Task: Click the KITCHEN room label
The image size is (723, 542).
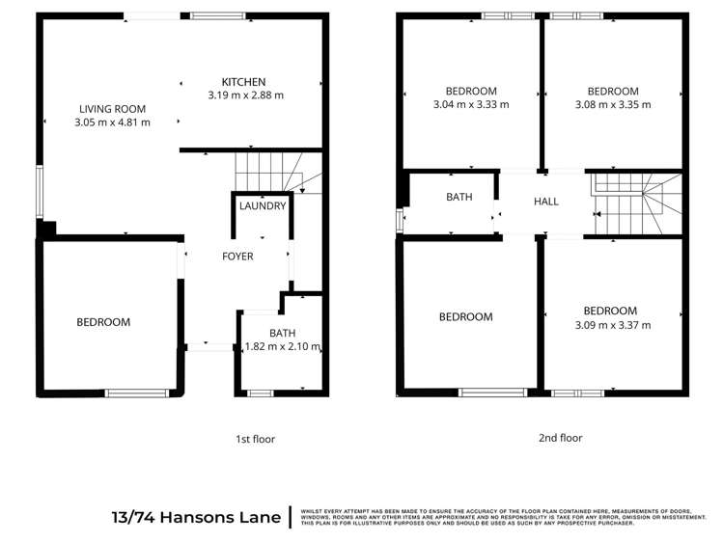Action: [243, 81]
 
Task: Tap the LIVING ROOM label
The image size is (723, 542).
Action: [112, 109]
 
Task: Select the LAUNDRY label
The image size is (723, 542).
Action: [263, 205]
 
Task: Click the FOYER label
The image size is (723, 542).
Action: [237, 257]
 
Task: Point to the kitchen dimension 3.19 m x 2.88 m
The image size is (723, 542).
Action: [245, 95]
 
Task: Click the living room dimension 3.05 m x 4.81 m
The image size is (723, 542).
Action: [112, 122]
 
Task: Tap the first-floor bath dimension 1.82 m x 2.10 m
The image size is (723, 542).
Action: [282, 347]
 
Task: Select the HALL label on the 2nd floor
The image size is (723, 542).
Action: [546, 202]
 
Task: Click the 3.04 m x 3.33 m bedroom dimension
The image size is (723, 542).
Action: [471, 104]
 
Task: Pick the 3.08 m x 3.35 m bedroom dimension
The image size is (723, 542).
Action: [613, 104]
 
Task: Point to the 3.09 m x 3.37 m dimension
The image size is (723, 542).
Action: [610, 325]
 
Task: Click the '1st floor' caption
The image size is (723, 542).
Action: [256, 439]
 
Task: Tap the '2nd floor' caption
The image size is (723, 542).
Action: [561, 437]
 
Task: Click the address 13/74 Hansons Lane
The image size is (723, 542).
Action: [196, 517]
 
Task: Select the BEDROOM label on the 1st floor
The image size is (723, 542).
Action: [103, 322]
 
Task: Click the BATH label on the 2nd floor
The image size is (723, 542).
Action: [459, 197]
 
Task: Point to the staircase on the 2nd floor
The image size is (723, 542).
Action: [637, 203]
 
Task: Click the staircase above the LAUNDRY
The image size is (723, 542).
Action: [269, 172]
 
